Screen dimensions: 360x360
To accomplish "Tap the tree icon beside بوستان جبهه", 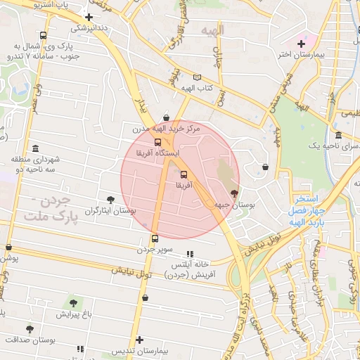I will [x=234, y=192].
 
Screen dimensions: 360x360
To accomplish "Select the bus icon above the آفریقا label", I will [x=184, y=174].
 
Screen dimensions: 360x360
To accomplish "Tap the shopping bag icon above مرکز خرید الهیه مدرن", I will [x=166, y=118].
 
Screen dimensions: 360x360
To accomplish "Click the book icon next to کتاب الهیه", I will [x=197, y=77].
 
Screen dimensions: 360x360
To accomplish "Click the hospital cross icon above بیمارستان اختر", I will [x=302, y=44].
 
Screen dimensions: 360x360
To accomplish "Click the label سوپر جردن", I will [x=155, y=250].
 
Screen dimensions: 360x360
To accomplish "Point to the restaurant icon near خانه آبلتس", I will [x=189, y=254].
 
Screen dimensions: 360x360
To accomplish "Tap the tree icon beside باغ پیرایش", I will [x=73, y=304].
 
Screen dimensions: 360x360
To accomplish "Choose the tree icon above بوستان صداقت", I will [x=30, y=328].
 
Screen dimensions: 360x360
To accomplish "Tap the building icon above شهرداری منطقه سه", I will [x=16, y=159].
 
